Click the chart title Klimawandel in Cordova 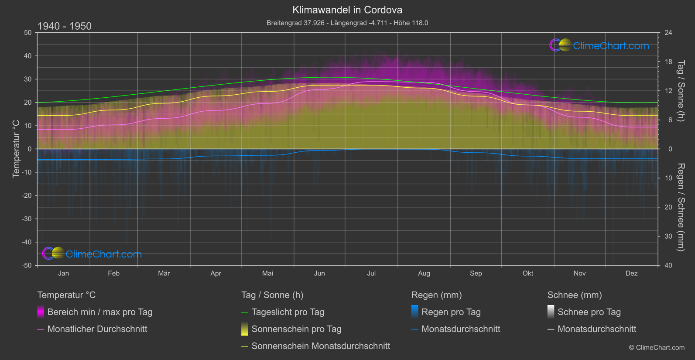[x=347, y=10]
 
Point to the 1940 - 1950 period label [x=65, y=26]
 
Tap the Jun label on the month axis [x=319, y=273]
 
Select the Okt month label [x=528, y=273]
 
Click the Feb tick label [x=113, y=273]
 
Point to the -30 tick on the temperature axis [x=27, y=219]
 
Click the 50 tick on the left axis [x=28, y=33]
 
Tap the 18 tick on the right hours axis [x=668, y=62]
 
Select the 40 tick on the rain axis [x=668, y=265]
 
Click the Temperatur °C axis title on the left [x=16, y=149]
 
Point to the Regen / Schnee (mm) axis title [x=681, y=207]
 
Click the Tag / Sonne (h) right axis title [x=681, y=91]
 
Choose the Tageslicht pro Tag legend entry [x=288, y=312]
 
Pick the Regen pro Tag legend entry [x=451, y=312]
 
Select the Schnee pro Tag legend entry [x=589, y=312]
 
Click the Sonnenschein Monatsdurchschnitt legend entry [x=320, y=346]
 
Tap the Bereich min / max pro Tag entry [x=99, y=312]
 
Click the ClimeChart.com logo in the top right [x=599, y=45]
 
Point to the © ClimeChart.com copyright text [x=657, y=347]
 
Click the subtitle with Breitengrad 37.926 [x=347, y=23]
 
